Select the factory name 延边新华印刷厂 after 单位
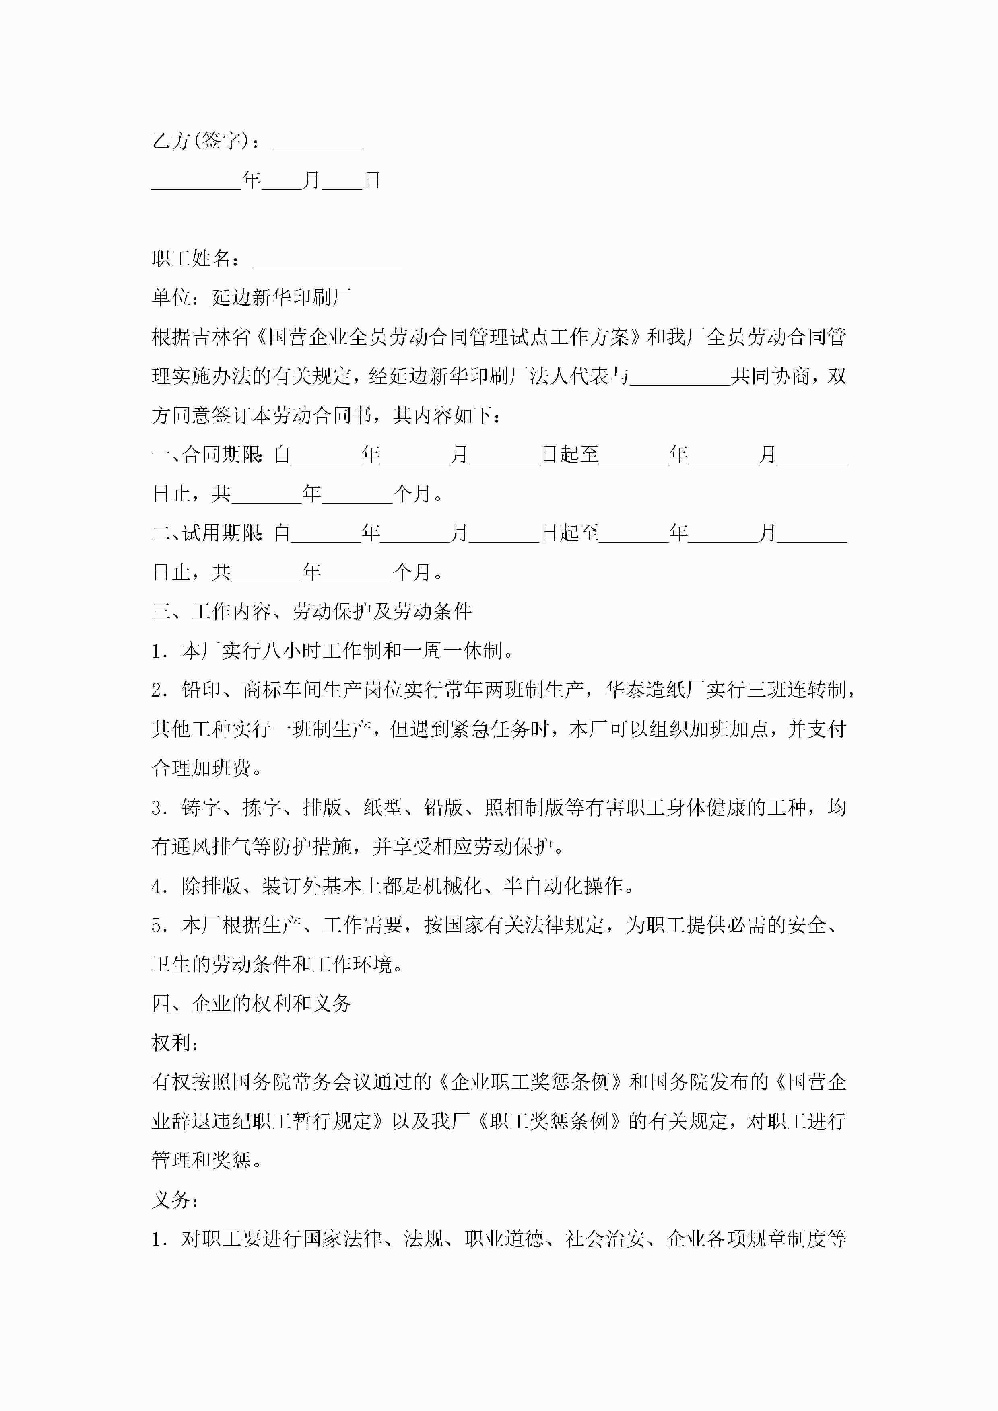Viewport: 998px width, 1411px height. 282,298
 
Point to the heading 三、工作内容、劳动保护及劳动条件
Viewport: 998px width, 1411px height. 312,611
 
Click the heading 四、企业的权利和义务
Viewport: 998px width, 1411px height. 252,1004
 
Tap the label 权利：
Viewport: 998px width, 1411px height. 175,1043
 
